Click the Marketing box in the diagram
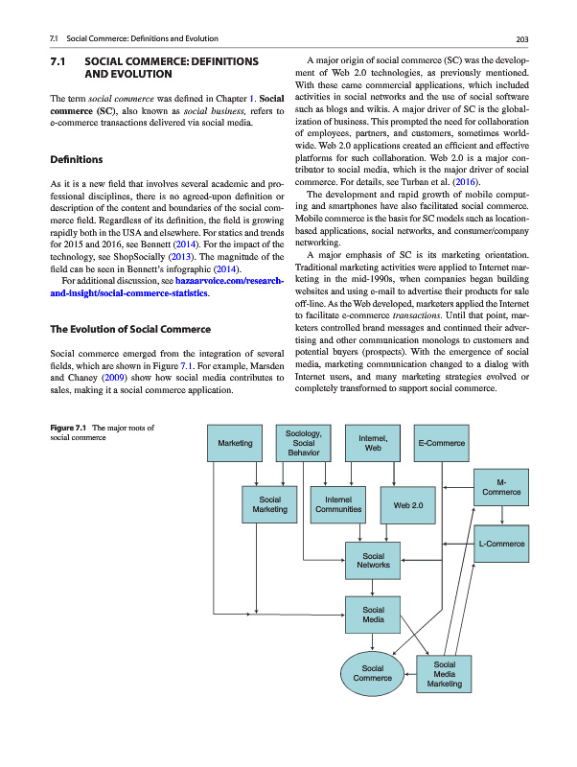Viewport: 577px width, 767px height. [235, 443]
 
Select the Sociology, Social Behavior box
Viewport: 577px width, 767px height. [304, 443]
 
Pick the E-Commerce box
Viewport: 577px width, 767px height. [442, 443]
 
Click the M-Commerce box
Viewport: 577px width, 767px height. [501, 486]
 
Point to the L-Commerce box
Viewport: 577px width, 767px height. [501, 545]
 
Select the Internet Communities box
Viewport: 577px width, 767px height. [337, 504]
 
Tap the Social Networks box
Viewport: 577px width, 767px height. [373, 561]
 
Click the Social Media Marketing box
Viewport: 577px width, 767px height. [444, 673]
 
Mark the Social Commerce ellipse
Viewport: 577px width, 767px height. [373, 672]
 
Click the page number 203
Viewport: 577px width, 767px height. [522, 38]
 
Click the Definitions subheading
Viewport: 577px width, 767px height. [78, 158]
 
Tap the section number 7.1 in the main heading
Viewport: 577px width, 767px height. [57, 61]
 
